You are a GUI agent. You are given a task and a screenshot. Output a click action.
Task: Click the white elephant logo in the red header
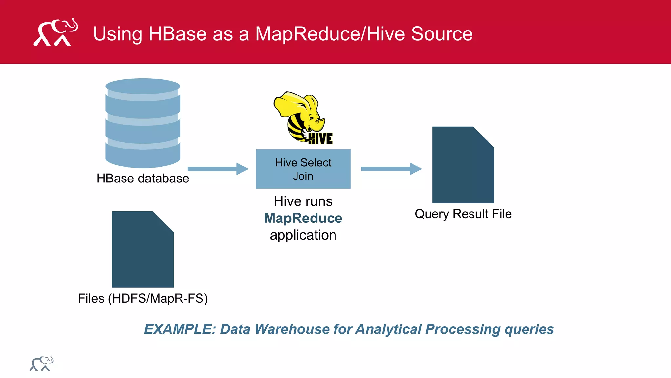pyautogui.click(x=56, y=32)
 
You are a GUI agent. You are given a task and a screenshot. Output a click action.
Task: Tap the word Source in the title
pyautogui.click(x=442, y=34)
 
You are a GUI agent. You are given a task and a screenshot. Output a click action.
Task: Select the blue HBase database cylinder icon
pyautogui.click(x=143, y=123)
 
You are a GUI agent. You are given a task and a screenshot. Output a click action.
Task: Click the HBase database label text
pyautogui.click(x=143, y=178)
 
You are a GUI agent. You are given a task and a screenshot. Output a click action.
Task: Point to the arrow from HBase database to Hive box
pyautogui.click(x=218, y=169)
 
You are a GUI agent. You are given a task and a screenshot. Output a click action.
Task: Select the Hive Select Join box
pyautogui.click(x=303, y=169)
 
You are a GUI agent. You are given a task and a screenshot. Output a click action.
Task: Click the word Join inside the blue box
pyautogui.click(x=303, y=176)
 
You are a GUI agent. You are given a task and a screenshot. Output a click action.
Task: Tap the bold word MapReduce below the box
pyautogui.click(x=303, y=218)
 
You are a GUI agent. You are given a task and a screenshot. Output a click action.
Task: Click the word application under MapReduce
pyautogui.click(x=303, y=235)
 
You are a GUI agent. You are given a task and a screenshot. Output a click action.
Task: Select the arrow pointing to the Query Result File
pyautogui.click(x=391, y=169)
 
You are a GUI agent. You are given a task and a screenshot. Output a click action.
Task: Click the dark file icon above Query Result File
pyautogui.click(x=463, y=165)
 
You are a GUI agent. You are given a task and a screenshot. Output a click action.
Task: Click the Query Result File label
pyautogui.click(x=463, y=214)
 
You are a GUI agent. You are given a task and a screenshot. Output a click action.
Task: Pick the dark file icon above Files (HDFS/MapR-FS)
pyautogui.click(x=143, y=249)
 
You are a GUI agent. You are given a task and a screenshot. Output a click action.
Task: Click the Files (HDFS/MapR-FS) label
pyautogui.click(x=143, y=298)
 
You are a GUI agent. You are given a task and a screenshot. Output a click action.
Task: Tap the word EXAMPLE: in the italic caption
pyautogui.click(x=180, y=329)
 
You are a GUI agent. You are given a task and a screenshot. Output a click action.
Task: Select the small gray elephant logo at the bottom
pyautogui.click(x=42, y=364)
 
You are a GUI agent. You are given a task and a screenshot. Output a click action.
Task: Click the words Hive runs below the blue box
pyautogui.click(x=303, y=201)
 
